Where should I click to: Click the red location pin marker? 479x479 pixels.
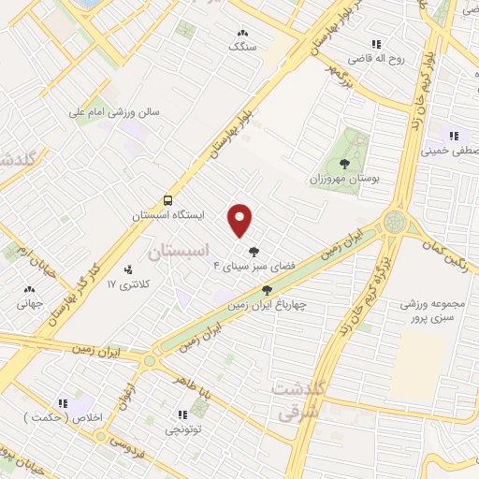(241, 219)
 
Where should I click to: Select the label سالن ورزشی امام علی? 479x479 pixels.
(114, 111)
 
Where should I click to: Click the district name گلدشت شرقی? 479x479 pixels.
(299, 398)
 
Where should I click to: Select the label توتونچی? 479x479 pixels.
(183, 429)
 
